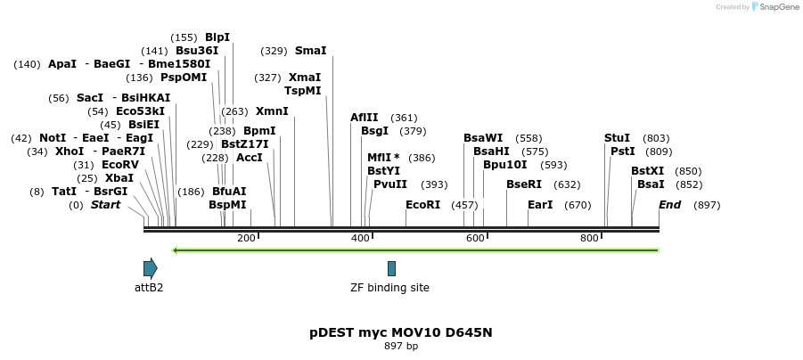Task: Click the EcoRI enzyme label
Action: tap(422, 205)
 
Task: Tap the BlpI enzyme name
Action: tap(217, 37)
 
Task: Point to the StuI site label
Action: tap(617, 138)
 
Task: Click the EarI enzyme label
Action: tap(540, 205)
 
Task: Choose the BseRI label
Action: tap(524, 184)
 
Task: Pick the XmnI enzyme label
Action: tap(272, 111)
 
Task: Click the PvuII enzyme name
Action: tap(390, 184)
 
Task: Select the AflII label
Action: tap(365, 118)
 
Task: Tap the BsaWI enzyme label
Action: tap(483, 138)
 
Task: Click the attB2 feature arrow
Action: tap(150, 268)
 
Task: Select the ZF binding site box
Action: tap(391, 268)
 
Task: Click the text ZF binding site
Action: tap(390, 288)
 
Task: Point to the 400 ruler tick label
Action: tap(360, 238)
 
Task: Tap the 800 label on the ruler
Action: tap(589, 238)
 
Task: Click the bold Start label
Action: tap(105, 205)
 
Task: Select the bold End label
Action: tap(670, 205)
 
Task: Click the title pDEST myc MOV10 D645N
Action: tap(401, 332)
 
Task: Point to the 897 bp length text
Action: tap(401, 346)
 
